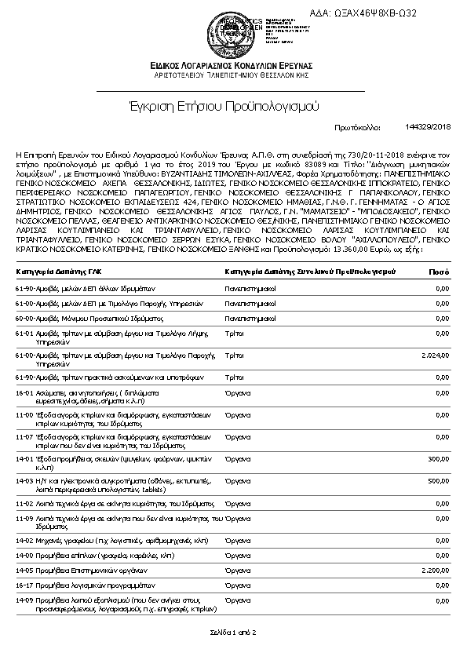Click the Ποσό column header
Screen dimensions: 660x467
coord(438,272)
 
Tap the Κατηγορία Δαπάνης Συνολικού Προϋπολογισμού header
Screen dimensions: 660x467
coord(310,272)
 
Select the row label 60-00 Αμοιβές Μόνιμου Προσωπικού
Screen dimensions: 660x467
coord(71,319)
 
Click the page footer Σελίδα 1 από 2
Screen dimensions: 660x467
coord(233,631)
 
